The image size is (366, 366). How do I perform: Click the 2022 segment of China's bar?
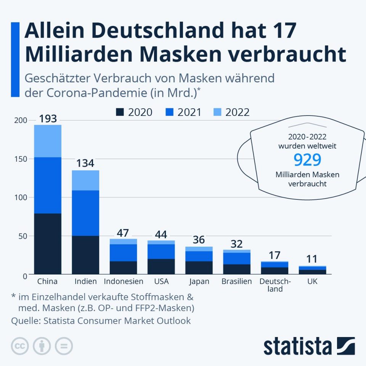[x=48, y=141]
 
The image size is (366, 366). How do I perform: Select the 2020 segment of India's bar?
[x=85, y=255]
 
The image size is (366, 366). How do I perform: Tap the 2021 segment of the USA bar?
[x=161, y=251]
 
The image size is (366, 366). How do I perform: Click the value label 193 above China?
[x=48, y=119]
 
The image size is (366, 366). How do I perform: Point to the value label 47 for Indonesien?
[x=123, y=233]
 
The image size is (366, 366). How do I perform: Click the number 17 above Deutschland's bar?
[x=274, y=255]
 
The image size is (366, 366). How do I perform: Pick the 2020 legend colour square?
[x=120, y=112]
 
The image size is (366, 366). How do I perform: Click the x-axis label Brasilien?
[x=237, y=282]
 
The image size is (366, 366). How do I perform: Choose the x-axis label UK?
[x=312, y=282]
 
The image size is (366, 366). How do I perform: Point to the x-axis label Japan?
[x=199, y=282]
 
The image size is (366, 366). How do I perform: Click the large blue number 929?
[x=308, y=160]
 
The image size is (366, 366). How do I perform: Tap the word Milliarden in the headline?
[x=76, y=54]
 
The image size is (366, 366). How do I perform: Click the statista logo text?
[x=297, y=346]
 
